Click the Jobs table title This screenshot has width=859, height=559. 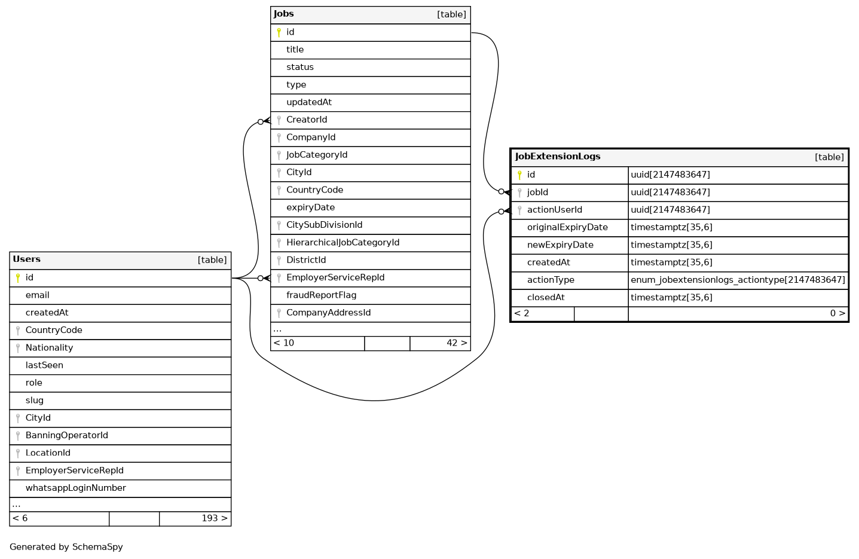pyautogui.click(x=284, y=14)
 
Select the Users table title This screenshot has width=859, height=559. pyautogui.click(x=27, y=259)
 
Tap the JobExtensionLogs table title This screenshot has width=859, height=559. pyautogui.click(x=558, y=157)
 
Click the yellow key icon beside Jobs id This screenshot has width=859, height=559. pyautogui.click(x=279, y=32)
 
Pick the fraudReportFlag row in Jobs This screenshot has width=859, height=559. pyautogui.click(x=321, y=295)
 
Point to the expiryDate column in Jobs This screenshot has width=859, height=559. pyautogui.click(x=310, y=207)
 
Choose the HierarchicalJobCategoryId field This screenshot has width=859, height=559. pyautogui.click(x=343, y=243)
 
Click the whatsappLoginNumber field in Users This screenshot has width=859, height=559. pyautogui.click(x=75, y=488)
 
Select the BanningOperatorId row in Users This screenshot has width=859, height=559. pyautogui.click(x=66, y=436)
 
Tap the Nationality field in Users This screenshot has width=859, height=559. pyautogui.click(x=49, y=348)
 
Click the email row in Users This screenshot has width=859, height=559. pyautogui.click(x=37, y=295)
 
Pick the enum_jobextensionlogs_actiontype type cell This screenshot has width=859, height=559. pyautogui.click(x=738, y=280)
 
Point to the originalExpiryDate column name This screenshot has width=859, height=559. pyautogui.click(x=567, y=227)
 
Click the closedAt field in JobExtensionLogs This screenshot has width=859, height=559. pyautogui.click(x=546, y=298)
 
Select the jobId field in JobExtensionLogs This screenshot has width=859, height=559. pyautogui.click(x=537, y=193)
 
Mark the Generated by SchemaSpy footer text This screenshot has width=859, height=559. pyautogui.click(x=66, y=547)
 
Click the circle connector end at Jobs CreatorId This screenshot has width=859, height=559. pyautogui.click(x=261, y=121)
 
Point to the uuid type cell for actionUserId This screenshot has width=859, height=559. pyautogui.click(x=670, y=210)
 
